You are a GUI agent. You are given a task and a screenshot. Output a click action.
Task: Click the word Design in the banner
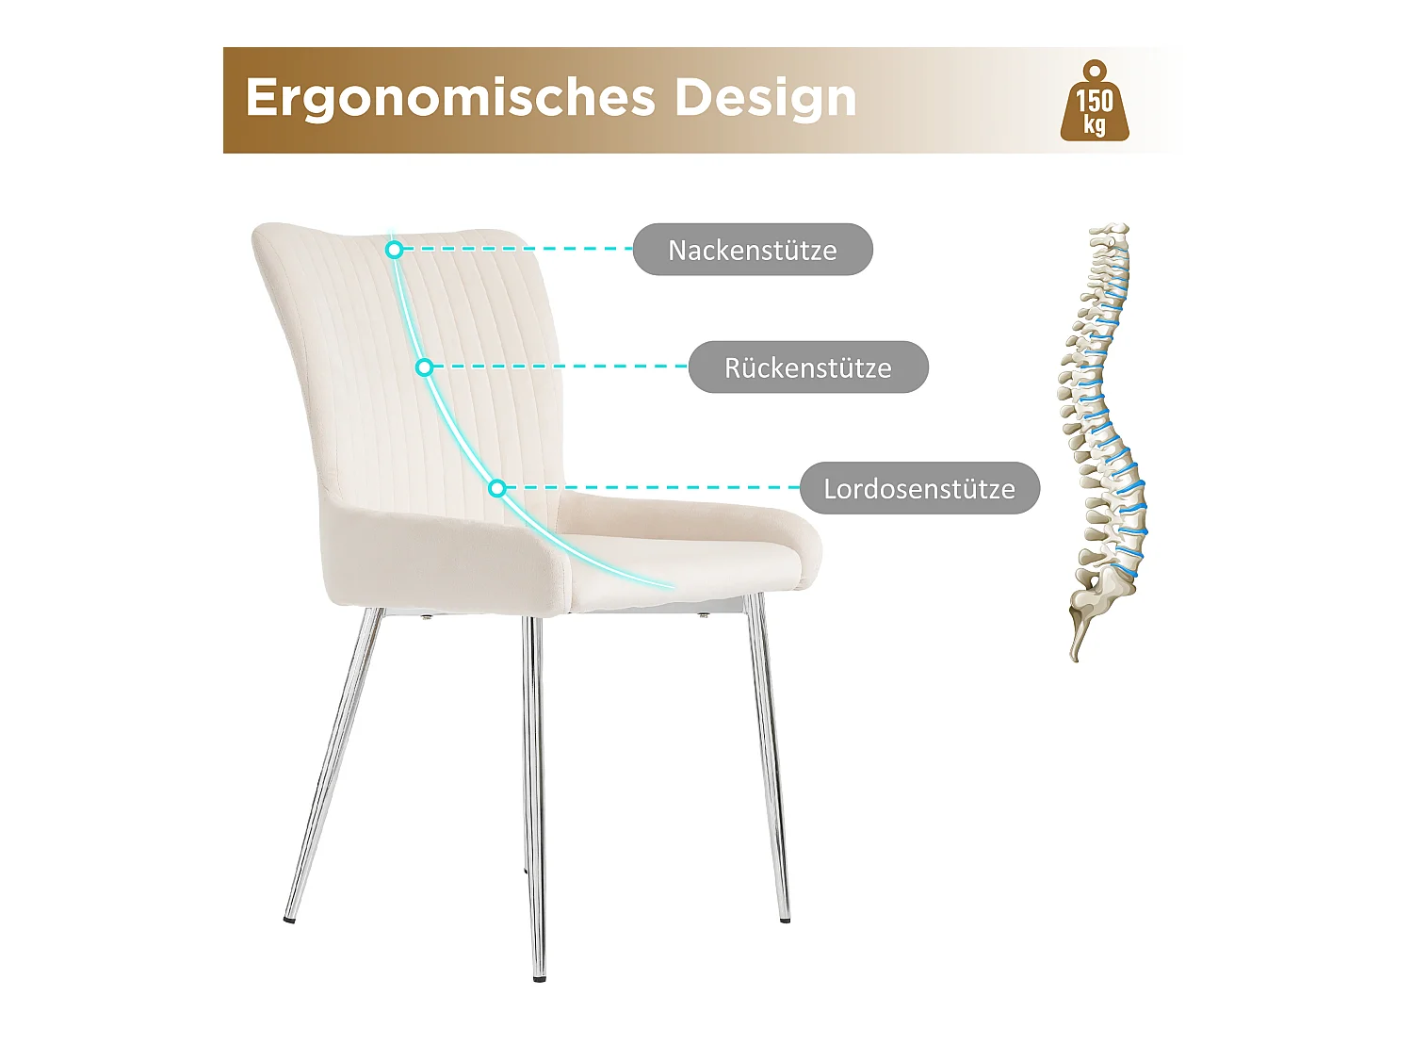(x=765, y=99)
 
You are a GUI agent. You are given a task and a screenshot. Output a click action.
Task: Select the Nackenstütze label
(x=753, y=250)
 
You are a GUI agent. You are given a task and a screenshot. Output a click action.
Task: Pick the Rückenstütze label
(x=808, y=367)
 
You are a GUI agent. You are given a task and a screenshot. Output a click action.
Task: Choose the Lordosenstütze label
(x=919, y=488)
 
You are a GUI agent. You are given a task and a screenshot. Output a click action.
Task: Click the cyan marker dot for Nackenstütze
(x=395, y=250)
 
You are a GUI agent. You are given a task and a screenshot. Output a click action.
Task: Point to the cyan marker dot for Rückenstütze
(x=425, y=367)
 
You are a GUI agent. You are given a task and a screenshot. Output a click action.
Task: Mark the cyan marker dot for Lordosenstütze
(x=497, y=488)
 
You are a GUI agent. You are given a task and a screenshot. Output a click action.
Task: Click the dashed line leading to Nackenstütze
(x=518, y=250)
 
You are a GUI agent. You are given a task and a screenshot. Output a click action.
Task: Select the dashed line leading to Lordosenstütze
(x=650, y=488)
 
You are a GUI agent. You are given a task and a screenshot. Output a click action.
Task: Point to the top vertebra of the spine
(x=1111, y=231)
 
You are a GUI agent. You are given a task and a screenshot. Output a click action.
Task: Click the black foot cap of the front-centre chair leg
(x=538, y=979)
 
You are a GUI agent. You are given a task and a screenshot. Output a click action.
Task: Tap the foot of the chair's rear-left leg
(x=288, y=918)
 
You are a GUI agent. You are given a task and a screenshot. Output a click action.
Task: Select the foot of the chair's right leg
(x=785, y=919)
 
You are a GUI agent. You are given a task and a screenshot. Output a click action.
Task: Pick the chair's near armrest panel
(x=443, y=556)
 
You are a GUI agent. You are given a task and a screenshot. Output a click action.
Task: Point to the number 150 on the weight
(x=1094, y=100)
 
